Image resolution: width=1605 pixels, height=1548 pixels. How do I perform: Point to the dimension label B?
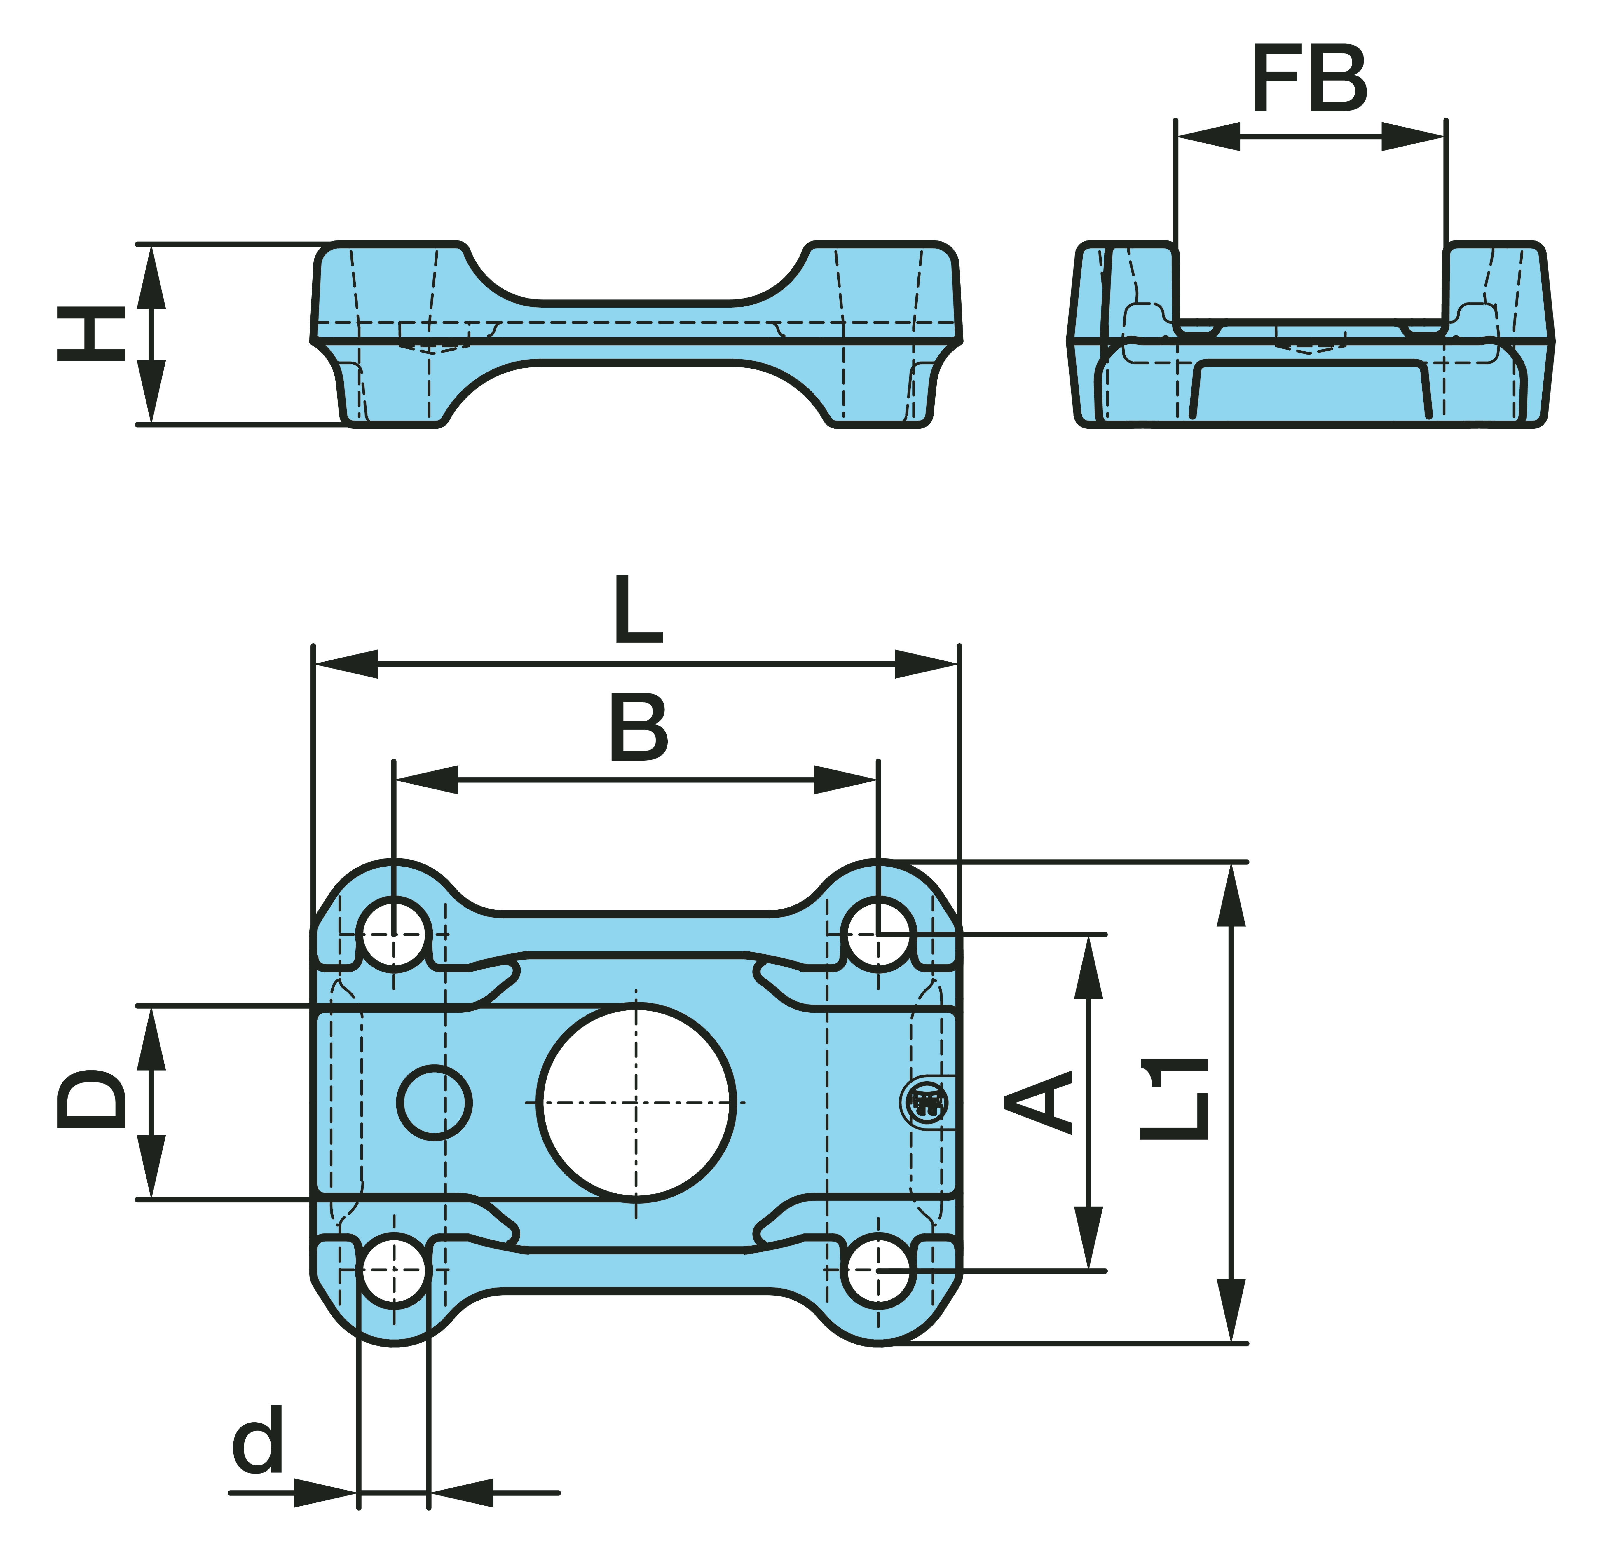(x=639, y=726)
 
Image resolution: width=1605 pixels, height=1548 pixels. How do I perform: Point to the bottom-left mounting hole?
(x=394, y=1271)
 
